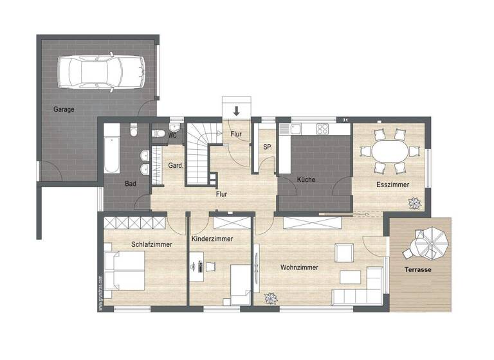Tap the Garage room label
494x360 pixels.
pyautogui.click(x=64, y=109)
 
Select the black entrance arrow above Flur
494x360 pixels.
pyautogui.click(x=237, y=111)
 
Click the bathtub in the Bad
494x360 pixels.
pyautogui.click(x=112, y=149)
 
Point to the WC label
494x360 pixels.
pyautogui.click(x=172, y=136)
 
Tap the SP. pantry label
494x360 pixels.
pyautogui.click(x=267, y=147)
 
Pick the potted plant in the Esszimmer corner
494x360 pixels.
pyautogui.click(x=412, y=203)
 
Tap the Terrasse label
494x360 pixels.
pyautogui.click(x=418, y=270)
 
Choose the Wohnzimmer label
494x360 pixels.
pyautogui.click(x=299, y=267)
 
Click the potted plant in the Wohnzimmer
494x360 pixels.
pyautogui.click(x=271, y=298)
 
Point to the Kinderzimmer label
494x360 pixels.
pyautogui.click(x=212, y=239)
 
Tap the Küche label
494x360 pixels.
pyautogui.click(x=306, y=180)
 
